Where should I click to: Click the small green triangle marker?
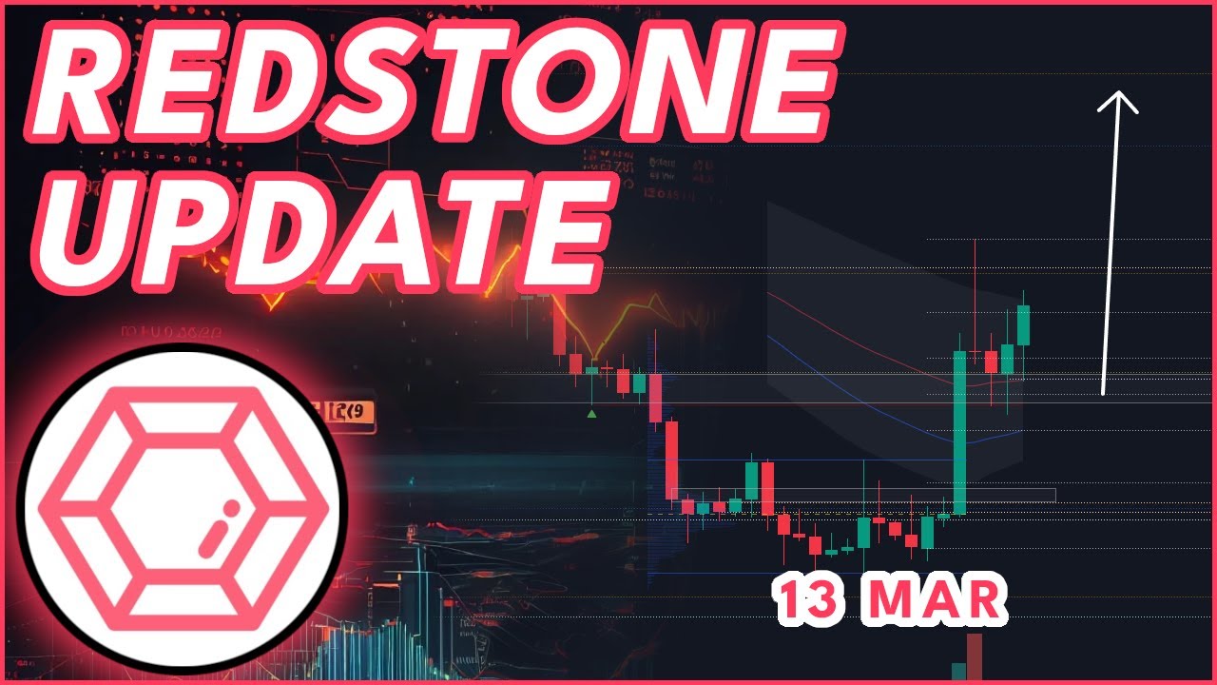point(592,413)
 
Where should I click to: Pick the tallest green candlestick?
point(959,433)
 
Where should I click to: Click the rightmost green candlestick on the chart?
point(1023,324)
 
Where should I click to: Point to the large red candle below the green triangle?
point(671,460)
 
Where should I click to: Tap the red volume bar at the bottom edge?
point(974,658)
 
